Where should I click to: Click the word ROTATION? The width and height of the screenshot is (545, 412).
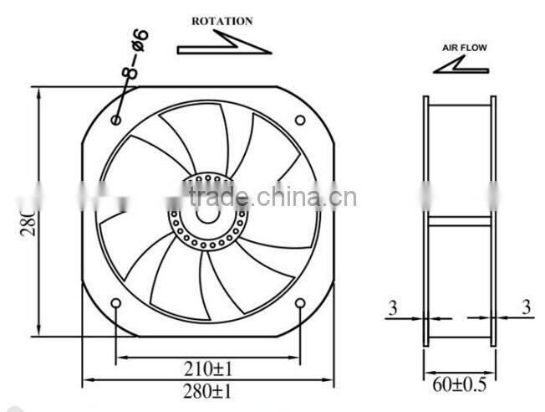click(222, 21)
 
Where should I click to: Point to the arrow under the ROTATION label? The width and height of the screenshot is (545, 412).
click(224, 44)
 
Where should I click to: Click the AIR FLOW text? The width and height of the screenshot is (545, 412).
click(464, 49)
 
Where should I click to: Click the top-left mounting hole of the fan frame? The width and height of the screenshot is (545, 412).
click(115, 121)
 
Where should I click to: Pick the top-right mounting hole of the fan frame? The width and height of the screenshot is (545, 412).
click(300, 120)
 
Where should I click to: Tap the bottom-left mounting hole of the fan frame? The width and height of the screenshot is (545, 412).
click(115, 302)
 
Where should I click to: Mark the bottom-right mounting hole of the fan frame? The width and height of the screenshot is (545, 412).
click(300, 302)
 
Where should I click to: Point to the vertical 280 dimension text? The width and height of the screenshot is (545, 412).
click(25, 213)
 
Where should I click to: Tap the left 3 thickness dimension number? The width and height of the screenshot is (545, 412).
click(392, 308)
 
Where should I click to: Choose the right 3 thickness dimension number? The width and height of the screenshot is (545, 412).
click(527, 308)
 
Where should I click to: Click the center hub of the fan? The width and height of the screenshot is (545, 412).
click(207, 211)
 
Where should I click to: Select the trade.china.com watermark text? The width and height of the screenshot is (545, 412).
click(272, 198)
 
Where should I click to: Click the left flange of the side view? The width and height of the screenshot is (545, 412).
click(425, 219)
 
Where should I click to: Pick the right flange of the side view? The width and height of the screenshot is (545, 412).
click(493, 219)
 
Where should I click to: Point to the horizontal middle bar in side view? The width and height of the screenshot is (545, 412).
click(459, 221)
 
